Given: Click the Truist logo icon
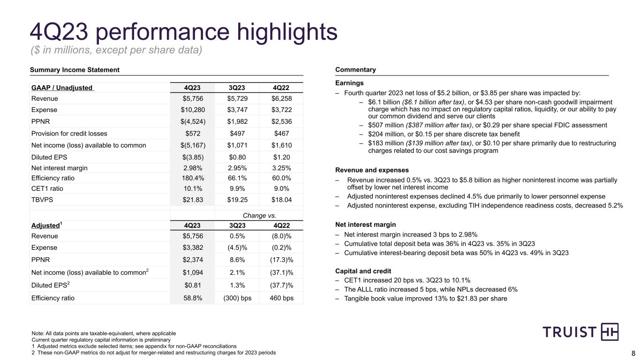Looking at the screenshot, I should click(610, 332).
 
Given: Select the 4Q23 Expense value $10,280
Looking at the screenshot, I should click(192, 110).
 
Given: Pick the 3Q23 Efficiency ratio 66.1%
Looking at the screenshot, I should click(237, 178).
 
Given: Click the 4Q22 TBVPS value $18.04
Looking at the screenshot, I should click(281, 200).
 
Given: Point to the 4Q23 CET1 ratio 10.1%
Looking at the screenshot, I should click(192, 189).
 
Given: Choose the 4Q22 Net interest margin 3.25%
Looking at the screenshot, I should click(281, 168).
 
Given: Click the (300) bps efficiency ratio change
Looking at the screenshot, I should click(237, 298).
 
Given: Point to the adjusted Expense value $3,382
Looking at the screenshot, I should click(192, 247).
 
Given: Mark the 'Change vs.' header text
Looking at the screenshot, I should click(259, 216).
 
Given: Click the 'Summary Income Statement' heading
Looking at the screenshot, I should click(75, 70).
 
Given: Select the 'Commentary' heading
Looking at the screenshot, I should click(355, 70).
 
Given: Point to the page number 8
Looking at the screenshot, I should click(633, 353).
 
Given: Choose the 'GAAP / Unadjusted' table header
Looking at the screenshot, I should click(62, 88).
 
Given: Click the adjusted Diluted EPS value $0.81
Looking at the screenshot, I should click(192, 285).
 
